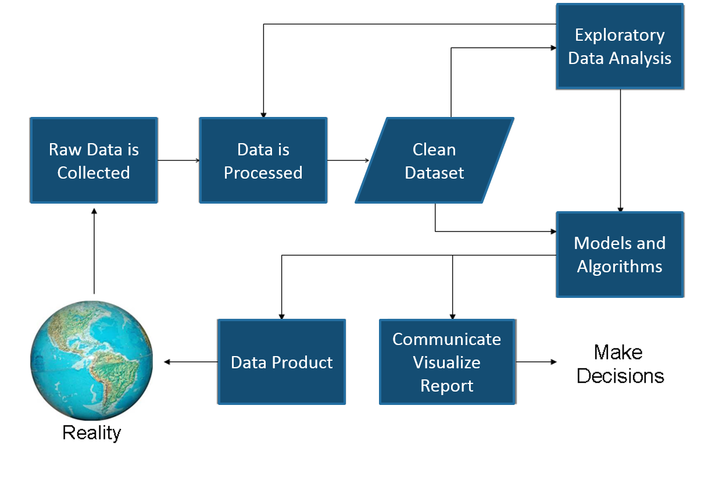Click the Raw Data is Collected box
(94, 161)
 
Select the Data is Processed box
(263, 161)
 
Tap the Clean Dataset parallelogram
(434, 161)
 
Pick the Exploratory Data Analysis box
(620, 47)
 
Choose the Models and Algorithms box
(620, 255)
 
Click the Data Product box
(282, 362)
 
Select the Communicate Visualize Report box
(447, 362)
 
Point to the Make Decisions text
(620, 364)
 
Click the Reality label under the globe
(92, 433)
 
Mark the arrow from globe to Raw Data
(94, 250)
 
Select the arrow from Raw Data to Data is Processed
(178, 160)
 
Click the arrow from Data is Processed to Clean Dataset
(348, 160)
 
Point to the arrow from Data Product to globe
(191, 362)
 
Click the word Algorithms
(620, 266)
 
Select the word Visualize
(447, 362)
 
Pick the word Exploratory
(620, 35)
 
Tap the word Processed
(263, 173)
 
